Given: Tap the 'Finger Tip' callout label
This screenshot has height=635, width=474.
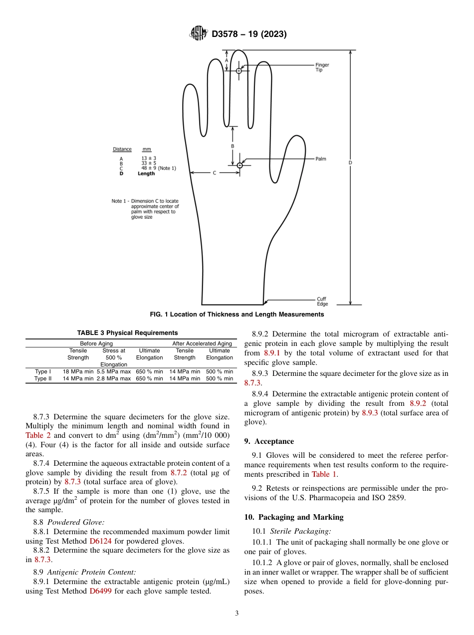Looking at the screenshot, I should coord(322,67).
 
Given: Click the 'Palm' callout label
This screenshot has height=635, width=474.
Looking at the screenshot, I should coord(320,159).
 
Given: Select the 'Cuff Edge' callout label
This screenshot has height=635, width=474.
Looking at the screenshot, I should coord(322,302).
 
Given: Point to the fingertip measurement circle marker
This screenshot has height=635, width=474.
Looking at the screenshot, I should coord(239,71).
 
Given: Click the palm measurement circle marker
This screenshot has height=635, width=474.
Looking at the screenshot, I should coord(239,165).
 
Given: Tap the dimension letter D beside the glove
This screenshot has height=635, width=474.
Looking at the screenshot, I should coord(350,163).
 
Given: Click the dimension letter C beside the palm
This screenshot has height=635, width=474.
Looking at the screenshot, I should coord(215,173).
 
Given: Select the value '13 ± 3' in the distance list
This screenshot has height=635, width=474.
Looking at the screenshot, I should coord(149,158).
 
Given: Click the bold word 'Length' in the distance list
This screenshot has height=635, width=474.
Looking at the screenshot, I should coord(146,174).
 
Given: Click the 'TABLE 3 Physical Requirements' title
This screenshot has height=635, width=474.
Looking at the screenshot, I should coord(127,333).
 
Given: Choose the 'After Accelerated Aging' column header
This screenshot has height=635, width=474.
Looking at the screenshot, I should coord(202,343).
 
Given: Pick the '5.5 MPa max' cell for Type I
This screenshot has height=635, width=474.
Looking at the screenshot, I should coord(113,371).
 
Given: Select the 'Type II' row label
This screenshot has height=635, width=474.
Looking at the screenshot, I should coord(43,378).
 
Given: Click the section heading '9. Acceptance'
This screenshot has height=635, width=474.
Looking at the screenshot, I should coord(269,441).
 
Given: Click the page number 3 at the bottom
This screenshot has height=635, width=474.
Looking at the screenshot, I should coord(237,613).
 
